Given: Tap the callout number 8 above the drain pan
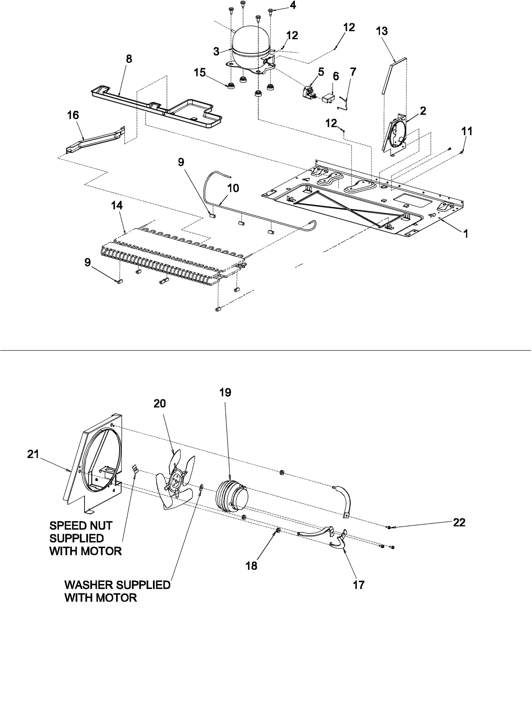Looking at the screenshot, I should pyautogui.click(x=129, y=59).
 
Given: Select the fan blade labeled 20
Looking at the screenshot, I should pyautogui.click(x=176, y=481).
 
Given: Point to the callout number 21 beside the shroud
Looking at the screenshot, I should pyautogui.click(x=33, y=454).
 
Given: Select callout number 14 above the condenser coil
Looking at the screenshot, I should pyautogui.click(x=117, y=205).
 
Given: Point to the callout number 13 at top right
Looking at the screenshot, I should pyautogui.click(x=382, y=31).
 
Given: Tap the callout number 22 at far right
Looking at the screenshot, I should pyautogui.click(x=459, y=523).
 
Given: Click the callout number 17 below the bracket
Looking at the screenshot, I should pyautogui.click(x=358, y=585).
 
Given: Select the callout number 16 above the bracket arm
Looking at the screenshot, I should pyautogui.click(x=73, y=115).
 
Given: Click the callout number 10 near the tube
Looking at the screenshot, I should pyautogui.click(x=233, y=188).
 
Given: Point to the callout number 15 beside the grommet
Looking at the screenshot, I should pyautogui.click(x=200, y=72).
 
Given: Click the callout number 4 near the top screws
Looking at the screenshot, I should pyautogui.click(x=293, y=6).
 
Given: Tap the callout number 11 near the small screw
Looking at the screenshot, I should pyautogui.click(x=467, y=131).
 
